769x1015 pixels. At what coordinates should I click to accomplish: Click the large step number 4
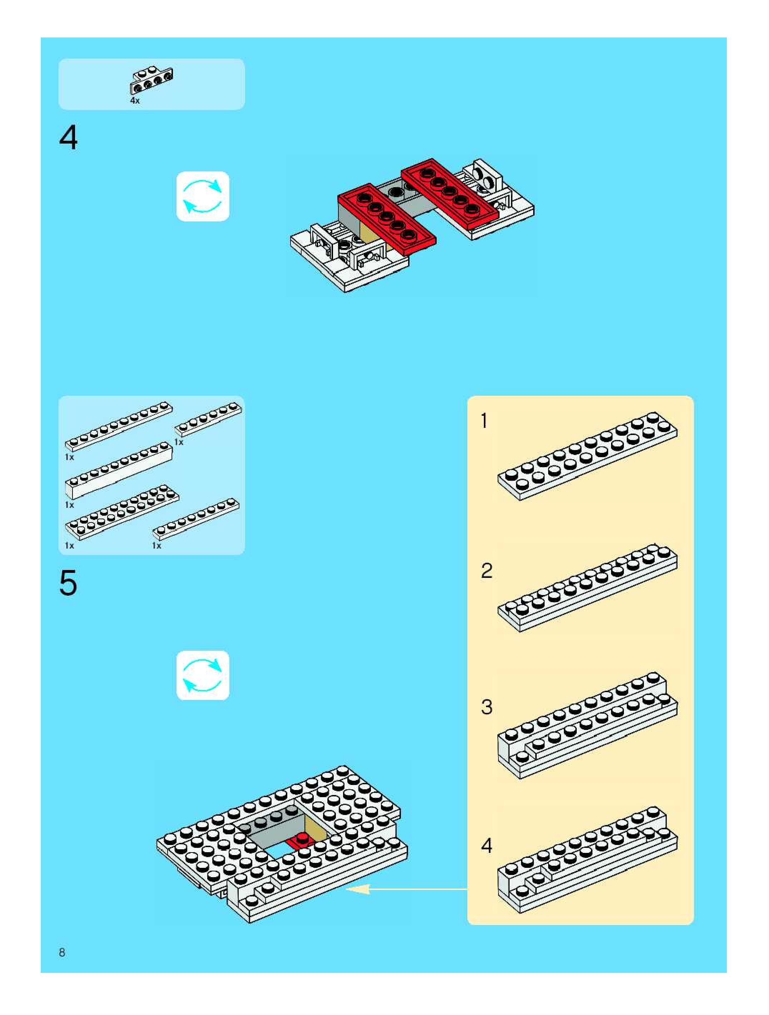tap(68, 138)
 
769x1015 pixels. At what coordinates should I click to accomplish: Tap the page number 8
tap(62, 952)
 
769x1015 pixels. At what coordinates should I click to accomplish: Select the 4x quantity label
tap(134, 100)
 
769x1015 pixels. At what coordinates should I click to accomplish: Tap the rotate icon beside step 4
tap(203, 196)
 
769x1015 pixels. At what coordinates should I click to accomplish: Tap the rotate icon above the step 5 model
tap(203, 675)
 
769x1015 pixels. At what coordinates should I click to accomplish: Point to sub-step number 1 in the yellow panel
tap(484, 421)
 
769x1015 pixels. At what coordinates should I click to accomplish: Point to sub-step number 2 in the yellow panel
tap(487, 571)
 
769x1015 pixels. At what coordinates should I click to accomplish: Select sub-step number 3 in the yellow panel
tap(487, 707)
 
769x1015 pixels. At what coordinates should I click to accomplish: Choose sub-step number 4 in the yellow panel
tap(487, 846)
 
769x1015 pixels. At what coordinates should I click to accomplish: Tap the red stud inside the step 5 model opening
tap(301, 838)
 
